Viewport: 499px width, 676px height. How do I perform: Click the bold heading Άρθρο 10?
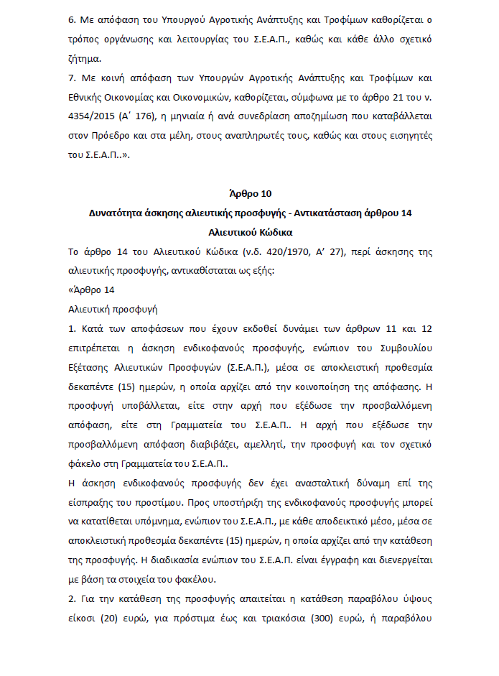click(248, 194)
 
